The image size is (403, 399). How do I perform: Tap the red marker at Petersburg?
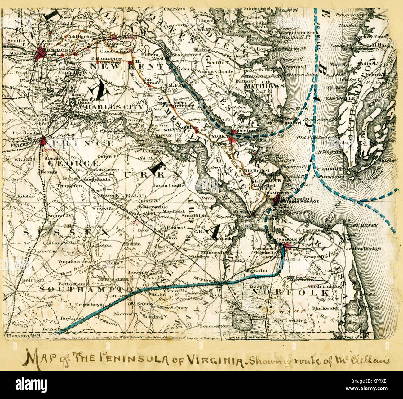click(x=43, y=141)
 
